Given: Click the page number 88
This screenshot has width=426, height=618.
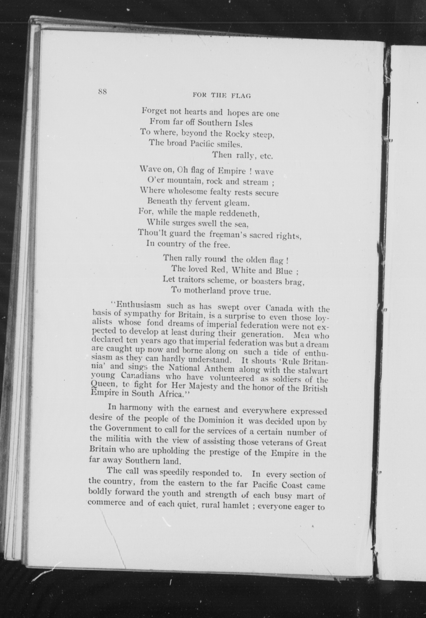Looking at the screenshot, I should tap(102, 92).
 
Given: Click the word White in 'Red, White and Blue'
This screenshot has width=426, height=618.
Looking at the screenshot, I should tap(243, 270).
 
